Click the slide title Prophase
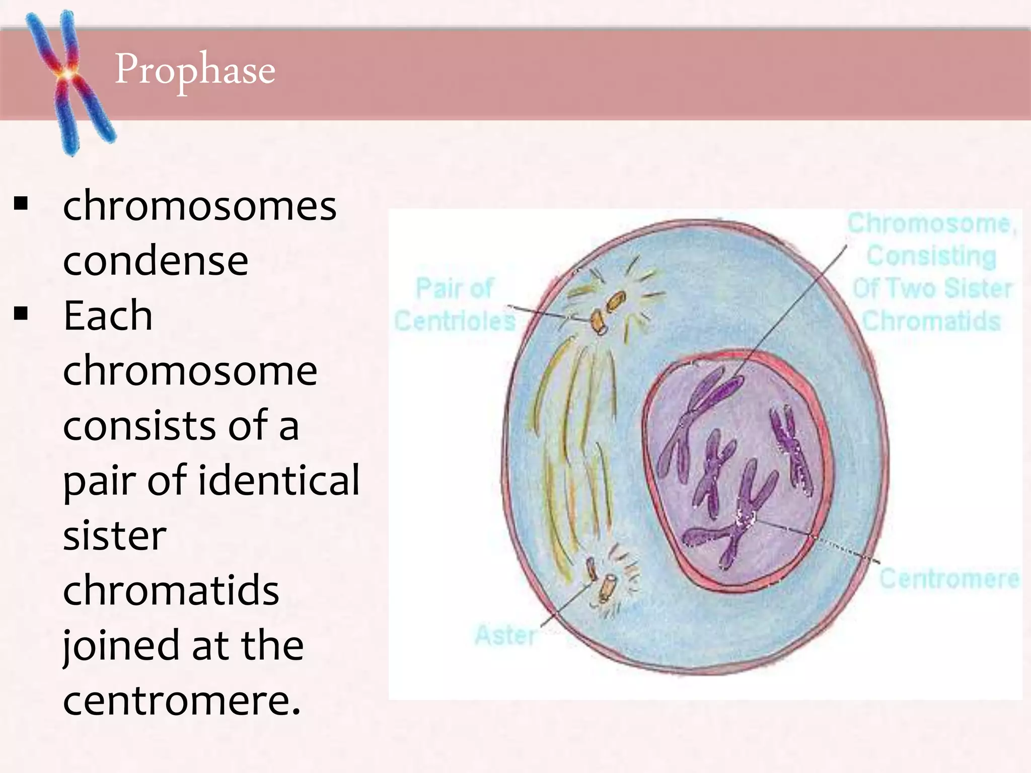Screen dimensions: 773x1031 point(195,70)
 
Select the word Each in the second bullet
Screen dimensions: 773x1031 point(108,316)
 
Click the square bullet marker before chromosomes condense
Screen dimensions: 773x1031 point(21,204)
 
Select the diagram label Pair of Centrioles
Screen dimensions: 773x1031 point(455,304)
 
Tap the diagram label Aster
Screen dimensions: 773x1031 point(505,635)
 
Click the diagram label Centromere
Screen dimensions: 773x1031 point(949,579)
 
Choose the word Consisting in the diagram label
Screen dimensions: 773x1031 point(931,256)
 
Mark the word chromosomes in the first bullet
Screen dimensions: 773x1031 point(199,206)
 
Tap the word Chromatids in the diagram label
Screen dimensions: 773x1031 point(931,321)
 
